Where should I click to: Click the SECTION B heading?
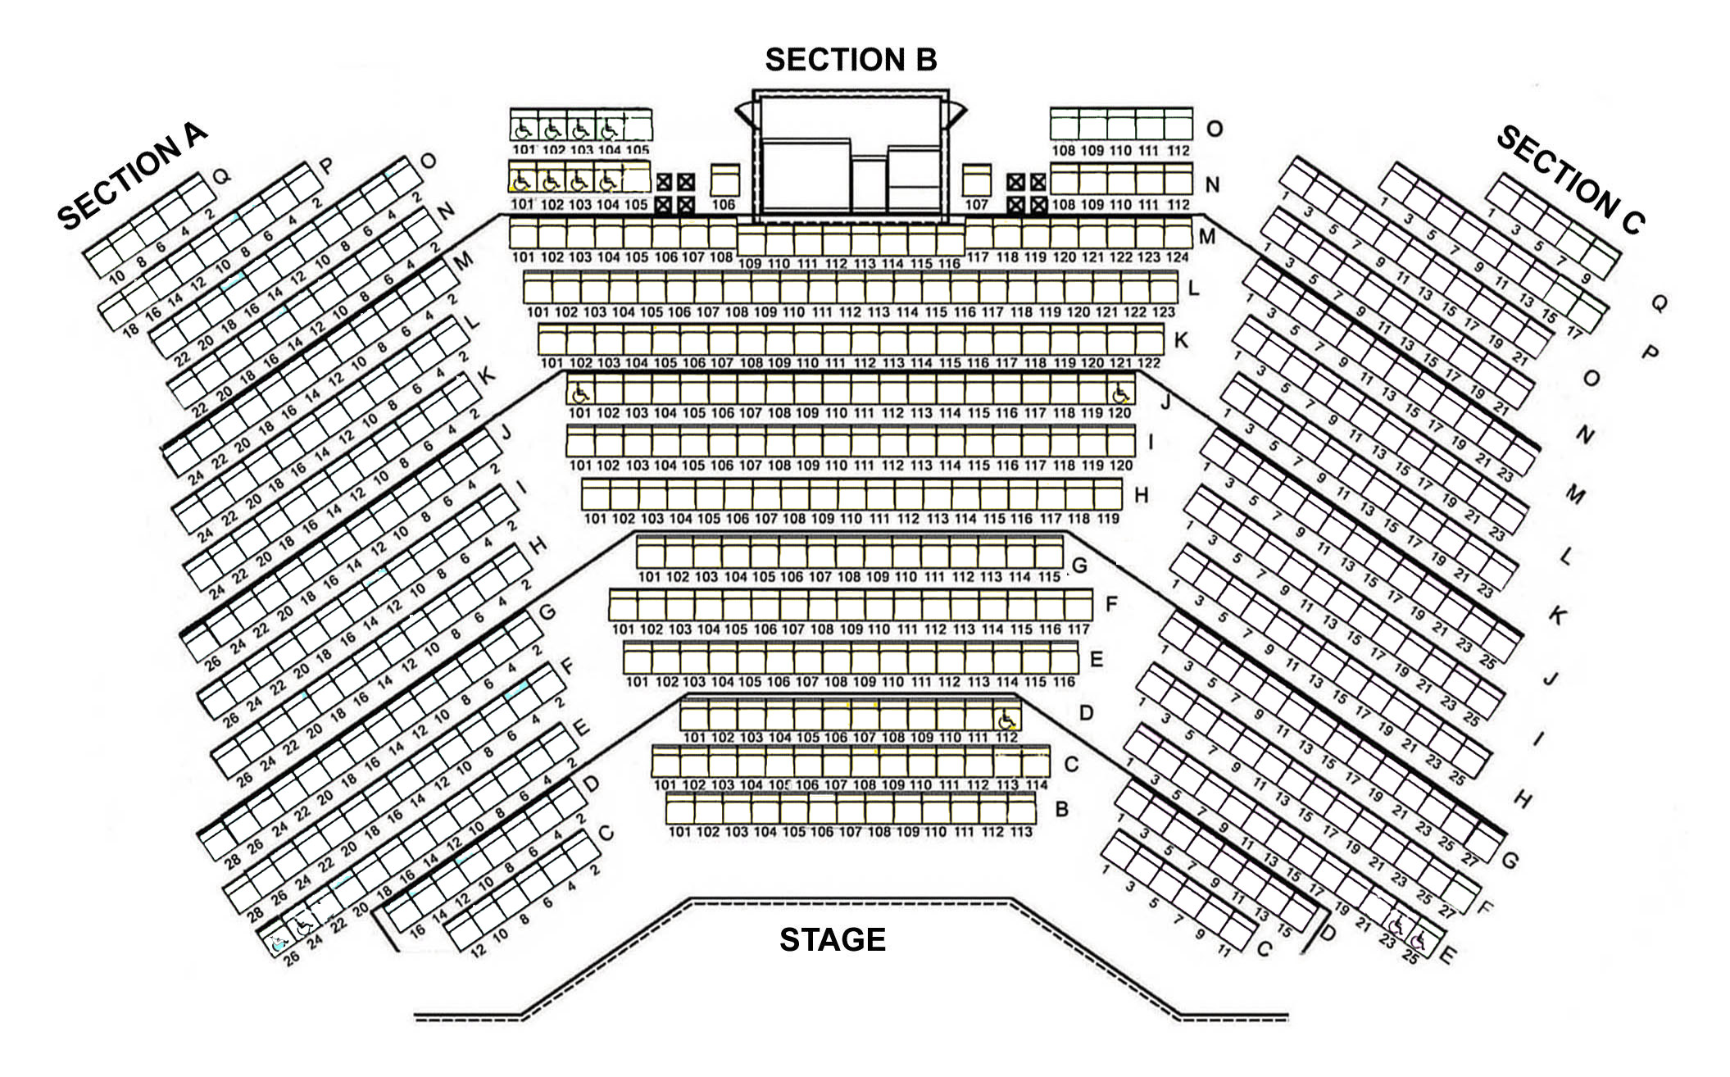851,60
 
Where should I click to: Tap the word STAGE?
832,939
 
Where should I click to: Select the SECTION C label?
1570,180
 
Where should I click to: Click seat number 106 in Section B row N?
723,204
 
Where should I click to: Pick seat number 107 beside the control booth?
976,204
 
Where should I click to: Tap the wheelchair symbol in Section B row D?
1007,720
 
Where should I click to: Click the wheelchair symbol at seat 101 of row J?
580,393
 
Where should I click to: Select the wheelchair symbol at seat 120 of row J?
1120,393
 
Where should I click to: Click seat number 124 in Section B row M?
1177,257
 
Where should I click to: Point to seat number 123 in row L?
1163,312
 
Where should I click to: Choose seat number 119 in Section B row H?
1108,519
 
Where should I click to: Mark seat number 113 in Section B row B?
1021,832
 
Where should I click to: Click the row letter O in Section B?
1214,129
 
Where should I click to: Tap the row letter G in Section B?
1079,565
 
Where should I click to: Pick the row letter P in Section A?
326,166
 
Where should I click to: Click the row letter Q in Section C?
1657,304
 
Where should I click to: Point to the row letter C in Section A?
606,834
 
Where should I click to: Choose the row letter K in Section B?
1180,339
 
